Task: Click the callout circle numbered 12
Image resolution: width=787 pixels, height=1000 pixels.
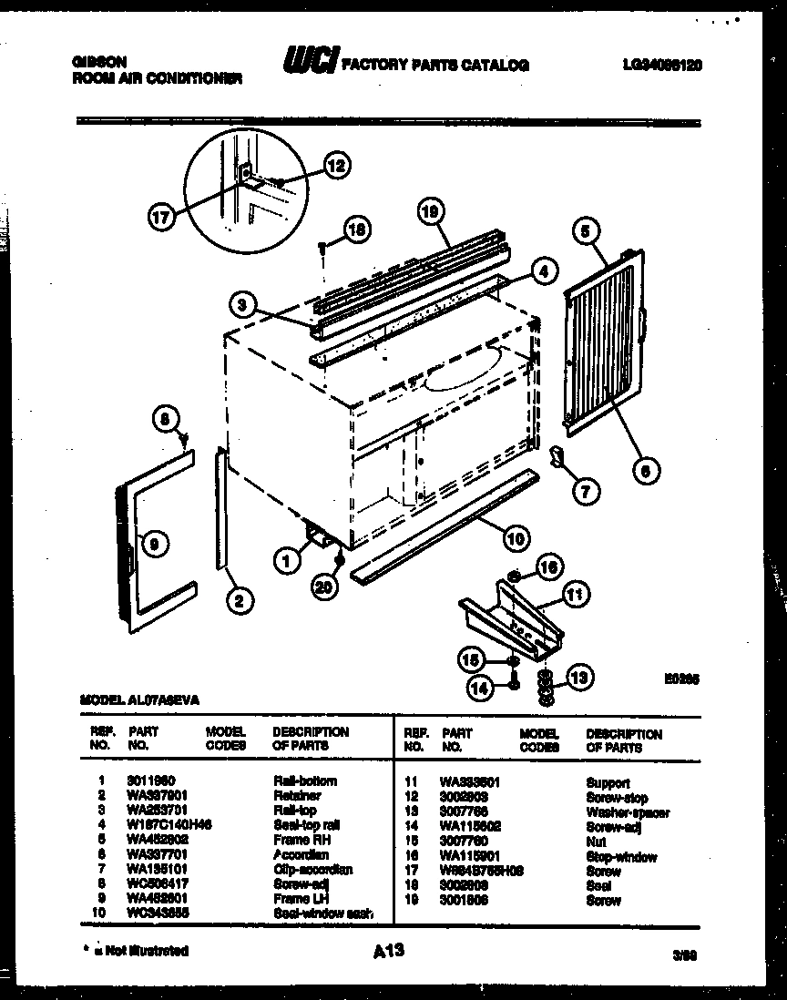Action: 337,166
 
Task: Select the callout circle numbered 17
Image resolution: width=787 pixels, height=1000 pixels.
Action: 160,218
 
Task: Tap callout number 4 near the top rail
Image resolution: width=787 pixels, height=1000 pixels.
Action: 542,270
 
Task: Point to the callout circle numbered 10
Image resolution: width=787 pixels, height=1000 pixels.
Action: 516,538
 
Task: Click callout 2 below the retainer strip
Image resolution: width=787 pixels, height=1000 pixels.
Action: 240,599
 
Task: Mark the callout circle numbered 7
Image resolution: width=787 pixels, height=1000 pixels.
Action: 585,491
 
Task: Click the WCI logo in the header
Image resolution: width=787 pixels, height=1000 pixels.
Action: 309,62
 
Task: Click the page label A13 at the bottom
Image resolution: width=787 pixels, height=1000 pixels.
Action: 388,951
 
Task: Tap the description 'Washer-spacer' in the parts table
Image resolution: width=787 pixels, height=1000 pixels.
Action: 628,812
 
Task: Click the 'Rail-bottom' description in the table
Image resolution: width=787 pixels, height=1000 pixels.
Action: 304,781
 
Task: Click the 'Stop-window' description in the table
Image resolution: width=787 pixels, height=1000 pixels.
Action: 621,857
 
